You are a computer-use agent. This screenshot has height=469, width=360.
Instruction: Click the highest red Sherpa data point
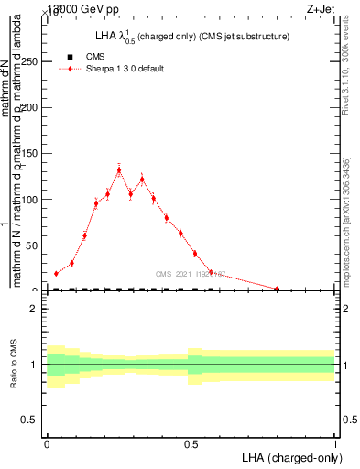point(119,169)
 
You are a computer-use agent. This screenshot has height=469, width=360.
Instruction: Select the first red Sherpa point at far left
point(56,273)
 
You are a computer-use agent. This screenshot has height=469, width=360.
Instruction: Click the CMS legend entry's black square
point(71,57)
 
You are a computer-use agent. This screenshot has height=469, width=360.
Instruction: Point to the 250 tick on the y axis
point(33,61)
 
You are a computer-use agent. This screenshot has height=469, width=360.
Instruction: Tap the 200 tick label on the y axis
point(33,107)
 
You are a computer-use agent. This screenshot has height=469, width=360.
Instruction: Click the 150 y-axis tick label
point(33,153)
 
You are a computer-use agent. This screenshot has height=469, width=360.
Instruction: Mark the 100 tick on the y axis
point(33,199)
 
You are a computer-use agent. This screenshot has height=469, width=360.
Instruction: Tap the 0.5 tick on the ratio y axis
point(35,420)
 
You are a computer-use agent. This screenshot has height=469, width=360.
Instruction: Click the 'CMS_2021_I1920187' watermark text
point(190,273)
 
